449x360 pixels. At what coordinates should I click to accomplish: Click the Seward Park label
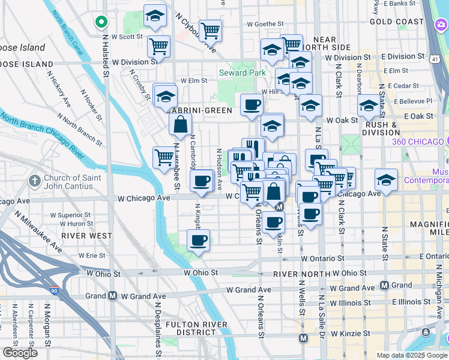click(x=242, y=73)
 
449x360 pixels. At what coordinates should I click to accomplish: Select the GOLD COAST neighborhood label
click(x=397, y=22)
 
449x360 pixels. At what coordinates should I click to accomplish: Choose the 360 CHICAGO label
click(x=420, y=142)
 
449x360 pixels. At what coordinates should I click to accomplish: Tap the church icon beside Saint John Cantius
click(x=35, y=180)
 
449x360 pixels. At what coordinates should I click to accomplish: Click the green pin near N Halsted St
click(x=101, y=23)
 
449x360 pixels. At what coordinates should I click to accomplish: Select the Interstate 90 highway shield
click(x=54, y=291)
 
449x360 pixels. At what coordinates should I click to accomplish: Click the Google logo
click(x=20, y=353)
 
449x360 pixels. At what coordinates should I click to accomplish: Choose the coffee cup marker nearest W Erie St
click(x=197, y=241)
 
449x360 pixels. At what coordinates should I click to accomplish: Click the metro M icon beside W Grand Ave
click(x=112, y=296)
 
